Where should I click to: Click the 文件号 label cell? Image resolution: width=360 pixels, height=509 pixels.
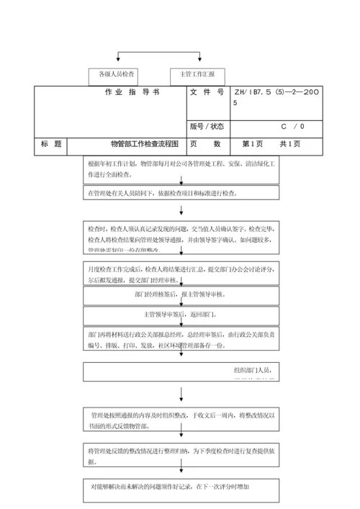click(207, 93)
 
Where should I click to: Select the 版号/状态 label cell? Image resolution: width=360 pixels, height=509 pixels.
click(207, 126)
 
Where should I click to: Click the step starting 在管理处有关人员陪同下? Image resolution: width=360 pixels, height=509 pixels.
click(180, 194)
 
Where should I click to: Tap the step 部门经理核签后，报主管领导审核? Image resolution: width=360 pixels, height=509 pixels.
click(180, 295)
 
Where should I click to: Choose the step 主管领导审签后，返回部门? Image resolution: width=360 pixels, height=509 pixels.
click(180, 315)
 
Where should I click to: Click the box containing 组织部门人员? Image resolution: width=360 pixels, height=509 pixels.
click(180, 371)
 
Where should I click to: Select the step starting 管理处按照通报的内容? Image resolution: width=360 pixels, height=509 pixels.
click(180, 421)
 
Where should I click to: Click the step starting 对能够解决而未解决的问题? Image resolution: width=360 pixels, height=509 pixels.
click(180, 487)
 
